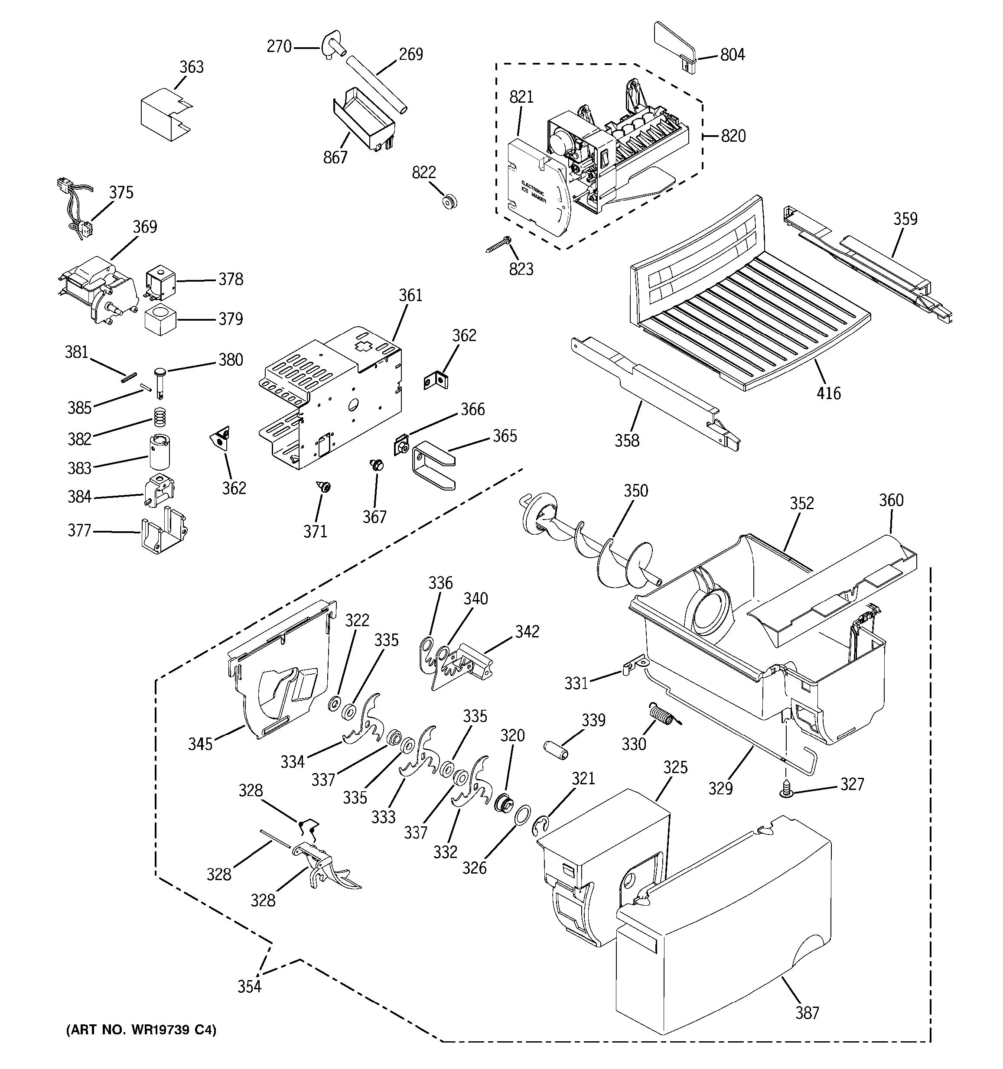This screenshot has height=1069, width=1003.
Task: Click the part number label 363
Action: click(x=192, y=67)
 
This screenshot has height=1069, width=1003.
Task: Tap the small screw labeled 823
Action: click(x=498, y=245)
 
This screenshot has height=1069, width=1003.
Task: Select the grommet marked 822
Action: click(x=449, y=202)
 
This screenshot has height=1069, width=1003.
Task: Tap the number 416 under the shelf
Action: click(x=828, y=393)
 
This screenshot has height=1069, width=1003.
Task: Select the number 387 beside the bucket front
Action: click(x=807, y=1013)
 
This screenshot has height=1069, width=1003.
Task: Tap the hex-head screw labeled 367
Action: click(x=376, y=465)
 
